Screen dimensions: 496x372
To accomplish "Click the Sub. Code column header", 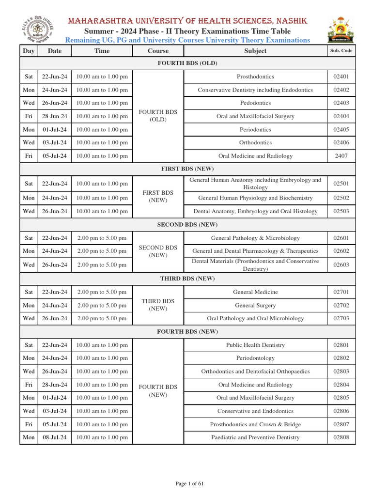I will click(x=341, y=50).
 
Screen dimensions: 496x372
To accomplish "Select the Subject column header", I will click(x=255, y=50).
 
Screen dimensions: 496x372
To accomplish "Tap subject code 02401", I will click(x=341, y=77).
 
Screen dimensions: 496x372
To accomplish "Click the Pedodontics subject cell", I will click(x=255, y=103).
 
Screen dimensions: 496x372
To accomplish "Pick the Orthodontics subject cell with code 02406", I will click(x=255, y=142).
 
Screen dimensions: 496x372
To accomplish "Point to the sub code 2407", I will click(x=341, y=156).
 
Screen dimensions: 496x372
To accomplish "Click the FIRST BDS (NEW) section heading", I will click(x=187, y=169).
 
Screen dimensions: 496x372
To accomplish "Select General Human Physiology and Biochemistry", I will click(x=255, y=198).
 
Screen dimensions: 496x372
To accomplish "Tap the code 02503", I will click(x=341, y=211).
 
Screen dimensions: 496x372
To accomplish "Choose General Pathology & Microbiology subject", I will click(x=255, y=238).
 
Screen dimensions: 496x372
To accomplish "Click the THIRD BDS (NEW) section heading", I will click(x=187, y=279).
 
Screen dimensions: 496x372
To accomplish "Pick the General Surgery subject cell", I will click(x=255, y=305).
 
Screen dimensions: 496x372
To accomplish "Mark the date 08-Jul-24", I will click(x=55, y=437).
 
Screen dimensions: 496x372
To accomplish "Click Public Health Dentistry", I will click(x=255, y=345).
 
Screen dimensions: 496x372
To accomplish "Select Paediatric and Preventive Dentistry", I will click(x=255, y=437).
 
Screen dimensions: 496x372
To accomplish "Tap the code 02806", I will click(x=341, y=411).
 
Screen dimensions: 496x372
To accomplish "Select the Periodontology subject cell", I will click(x=255, y=358).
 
